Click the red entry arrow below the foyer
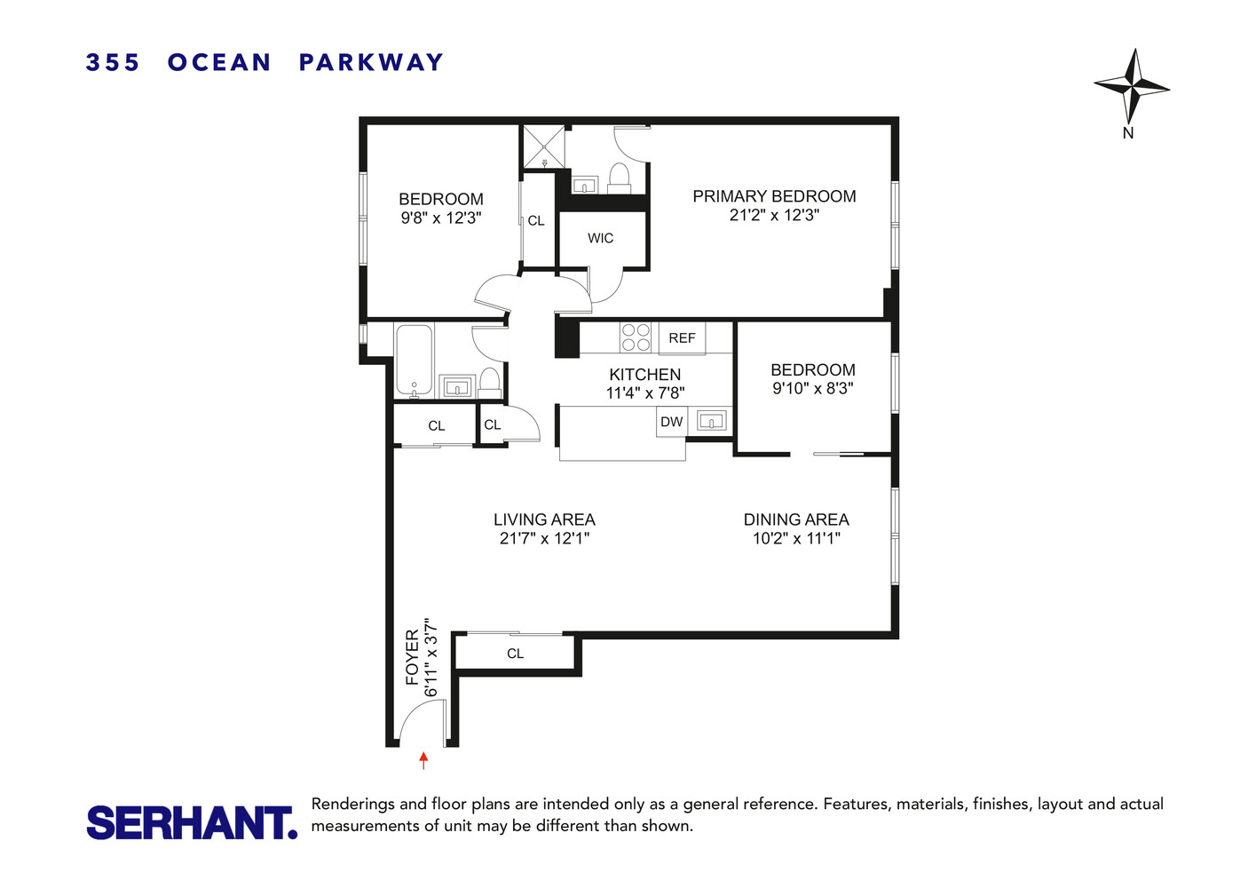coord(423,760)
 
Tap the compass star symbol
coord(1131,86)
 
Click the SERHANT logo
coord(191,822)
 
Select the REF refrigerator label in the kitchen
coord(682,338)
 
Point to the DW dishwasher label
coord(672,422)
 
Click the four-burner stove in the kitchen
coord(636,337)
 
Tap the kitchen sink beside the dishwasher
coord(712,421)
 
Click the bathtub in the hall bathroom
coord(414,361)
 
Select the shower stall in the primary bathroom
coord(544,147)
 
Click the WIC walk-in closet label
coord(601,238)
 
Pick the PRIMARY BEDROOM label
coord(774,196)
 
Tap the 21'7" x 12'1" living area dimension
coord(544,538)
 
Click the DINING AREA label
coord(796,519)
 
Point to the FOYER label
coord(412,657)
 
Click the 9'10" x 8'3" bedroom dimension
coord(813,388)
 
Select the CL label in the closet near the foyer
coord(515,654)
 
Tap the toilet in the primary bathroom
coord(619,176)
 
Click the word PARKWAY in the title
coord(371,62)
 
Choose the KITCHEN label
coord(645,375)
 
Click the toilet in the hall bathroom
coord(489,382)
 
